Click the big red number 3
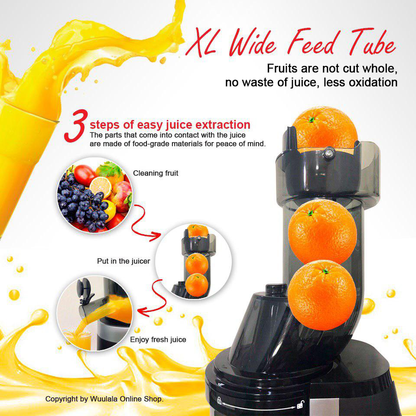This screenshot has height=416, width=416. point(75,126)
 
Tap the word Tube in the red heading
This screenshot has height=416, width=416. point(372,42)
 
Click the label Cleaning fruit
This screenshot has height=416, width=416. point(156,173)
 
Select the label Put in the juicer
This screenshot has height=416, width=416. point(123,261)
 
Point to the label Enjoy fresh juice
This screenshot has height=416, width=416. point(158,340)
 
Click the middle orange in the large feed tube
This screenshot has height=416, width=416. point(322,231)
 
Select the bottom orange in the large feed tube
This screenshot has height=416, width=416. point(322,295)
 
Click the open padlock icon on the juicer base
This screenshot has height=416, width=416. point(300,404)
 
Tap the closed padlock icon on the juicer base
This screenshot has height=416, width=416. point(219,400)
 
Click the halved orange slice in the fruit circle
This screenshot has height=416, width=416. point(101,186)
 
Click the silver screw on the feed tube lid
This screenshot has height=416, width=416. point(329,153)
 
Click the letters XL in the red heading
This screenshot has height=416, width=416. point(201,42)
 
